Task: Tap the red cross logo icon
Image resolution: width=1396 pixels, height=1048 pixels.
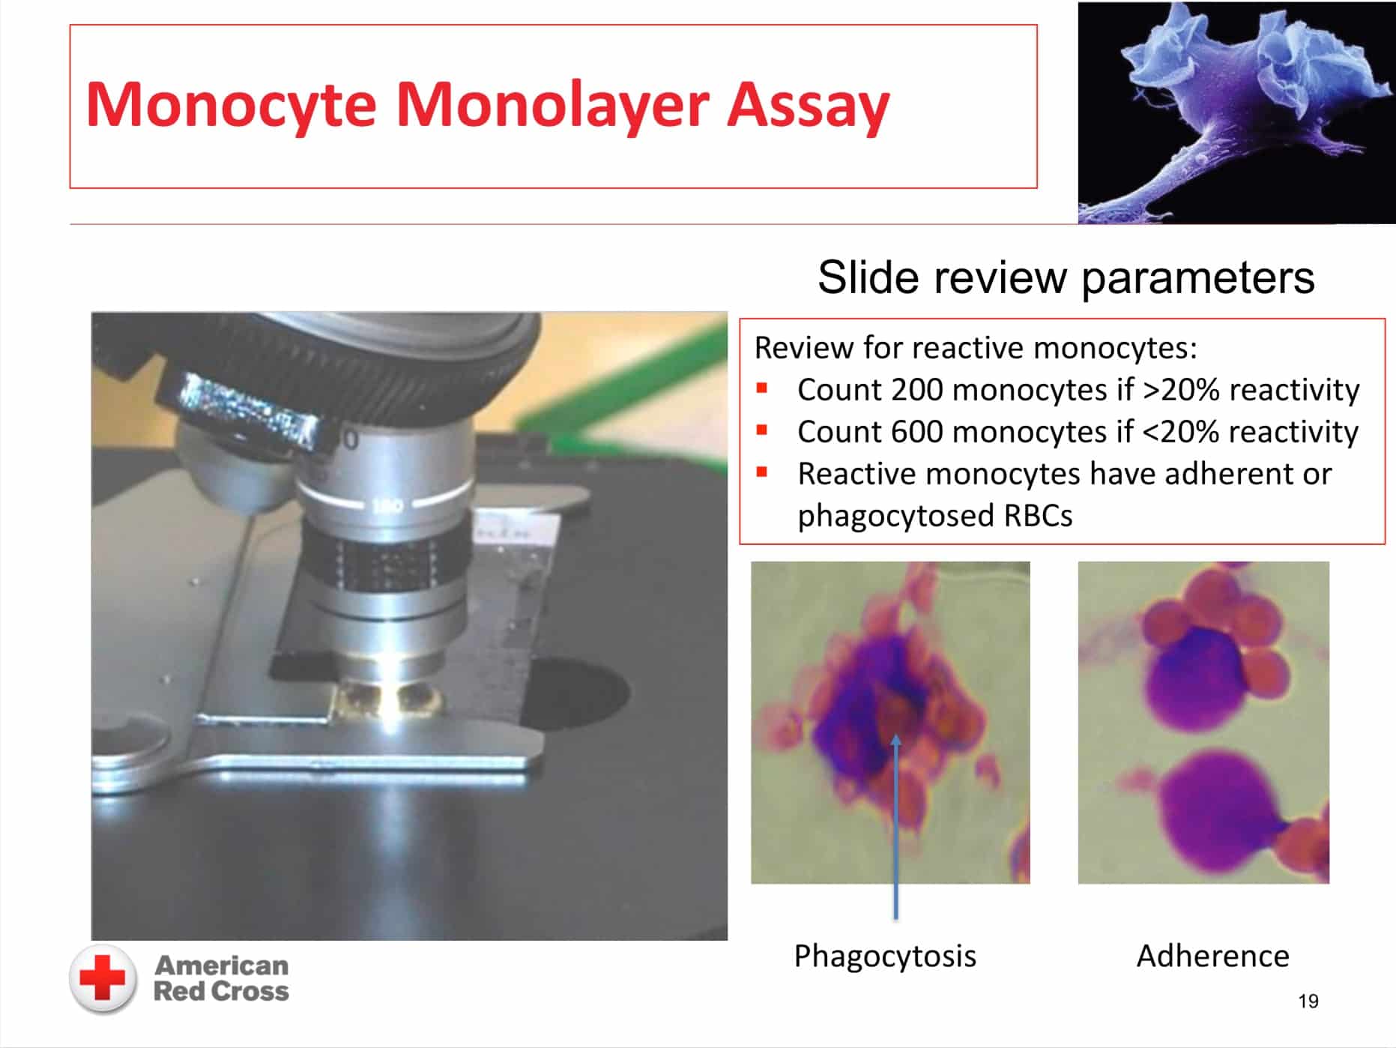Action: click(103, 979)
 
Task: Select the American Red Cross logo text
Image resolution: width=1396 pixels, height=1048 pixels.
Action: click(221, 978)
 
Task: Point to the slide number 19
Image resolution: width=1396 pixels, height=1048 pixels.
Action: click(1308, 1001)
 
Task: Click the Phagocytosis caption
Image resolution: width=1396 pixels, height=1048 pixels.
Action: click(885, 957)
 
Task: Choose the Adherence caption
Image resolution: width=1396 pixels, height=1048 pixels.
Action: click(1212, 956)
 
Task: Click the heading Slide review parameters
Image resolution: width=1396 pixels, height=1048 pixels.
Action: click(1066, 277)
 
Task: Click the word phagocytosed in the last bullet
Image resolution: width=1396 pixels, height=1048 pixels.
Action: click(895, 517)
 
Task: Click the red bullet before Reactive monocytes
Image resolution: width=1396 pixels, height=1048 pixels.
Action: click(762, 472)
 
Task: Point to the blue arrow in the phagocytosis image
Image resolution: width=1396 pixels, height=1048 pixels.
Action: click(895, 826)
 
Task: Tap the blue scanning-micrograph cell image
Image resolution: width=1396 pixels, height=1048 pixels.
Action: click(1236, 112)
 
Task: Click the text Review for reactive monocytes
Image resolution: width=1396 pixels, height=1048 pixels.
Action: click(975, 349)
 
